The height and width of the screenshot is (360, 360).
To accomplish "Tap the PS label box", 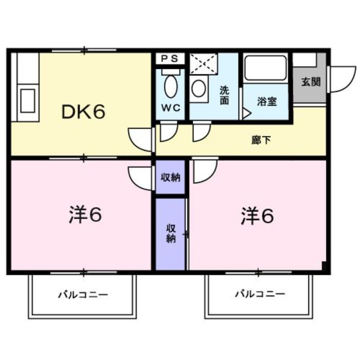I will point(170,58).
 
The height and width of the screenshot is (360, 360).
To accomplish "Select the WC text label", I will point(171,108).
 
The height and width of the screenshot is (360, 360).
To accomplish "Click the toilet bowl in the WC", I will point(171,86).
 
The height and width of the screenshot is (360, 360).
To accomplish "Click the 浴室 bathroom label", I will point(266,101).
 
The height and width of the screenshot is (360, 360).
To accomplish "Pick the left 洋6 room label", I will point(85,215).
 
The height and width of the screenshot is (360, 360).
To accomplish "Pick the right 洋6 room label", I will point(256,216).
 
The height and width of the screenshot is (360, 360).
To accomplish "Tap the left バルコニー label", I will point(83,295).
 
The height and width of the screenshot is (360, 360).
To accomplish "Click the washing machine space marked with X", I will point(203,64).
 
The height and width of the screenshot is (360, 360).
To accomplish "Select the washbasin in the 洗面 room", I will point(198,89).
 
